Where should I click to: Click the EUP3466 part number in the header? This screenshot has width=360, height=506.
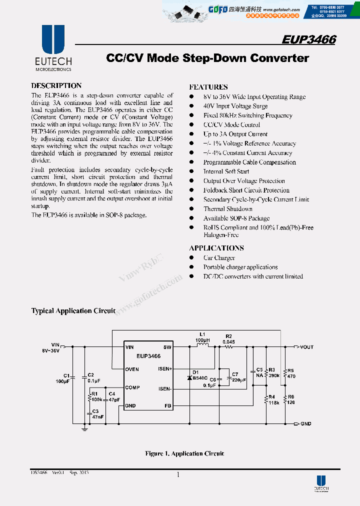pyautogui.click(x=308, y=39)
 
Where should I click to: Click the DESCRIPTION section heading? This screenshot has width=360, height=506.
pyautogui.click(x=56, y=85)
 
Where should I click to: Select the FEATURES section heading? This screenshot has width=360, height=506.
pyautogui.click(x=208, y=87)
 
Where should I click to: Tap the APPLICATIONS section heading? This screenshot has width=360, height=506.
pyautogui.click(x=216, y=248)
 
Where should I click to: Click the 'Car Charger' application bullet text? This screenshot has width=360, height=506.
pyautogui.click(x=219, y=258)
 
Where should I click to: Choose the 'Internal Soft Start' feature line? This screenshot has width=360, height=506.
pyautogui.click(x=226, y=171)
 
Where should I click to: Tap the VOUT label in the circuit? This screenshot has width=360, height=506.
pyautogui.click(x=306, y=347)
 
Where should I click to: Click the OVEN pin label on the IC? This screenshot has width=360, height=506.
pyautogui.click(x=132, y=369)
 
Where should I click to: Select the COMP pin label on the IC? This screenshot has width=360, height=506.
pyautogui.click(x=132, y=387)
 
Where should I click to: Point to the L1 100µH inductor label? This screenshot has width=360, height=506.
pyautogui.click(x=202, y=337)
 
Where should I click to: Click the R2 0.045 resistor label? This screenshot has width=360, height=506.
pyautogui.click(x=229, y=338)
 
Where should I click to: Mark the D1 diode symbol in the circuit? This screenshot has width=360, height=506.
pyautogui.click(x=189, y=377)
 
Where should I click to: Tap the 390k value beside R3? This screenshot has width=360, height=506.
pyautogui.click(x=274, y=375)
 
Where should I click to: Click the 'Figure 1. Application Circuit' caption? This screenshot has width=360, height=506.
pyautogui.click(x=184, y=453)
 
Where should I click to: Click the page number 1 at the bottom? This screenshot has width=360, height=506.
pyautogui.click(x=178, y=475)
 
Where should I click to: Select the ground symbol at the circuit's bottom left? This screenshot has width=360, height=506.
pyautogui.click(x=84, y=428)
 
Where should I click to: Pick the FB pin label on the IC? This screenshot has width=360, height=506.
pyautogui.click(x=168, y=406)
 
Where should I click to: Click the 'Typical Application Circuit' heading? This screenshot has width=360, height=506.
pyautogui.click(x=73, y=310)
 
